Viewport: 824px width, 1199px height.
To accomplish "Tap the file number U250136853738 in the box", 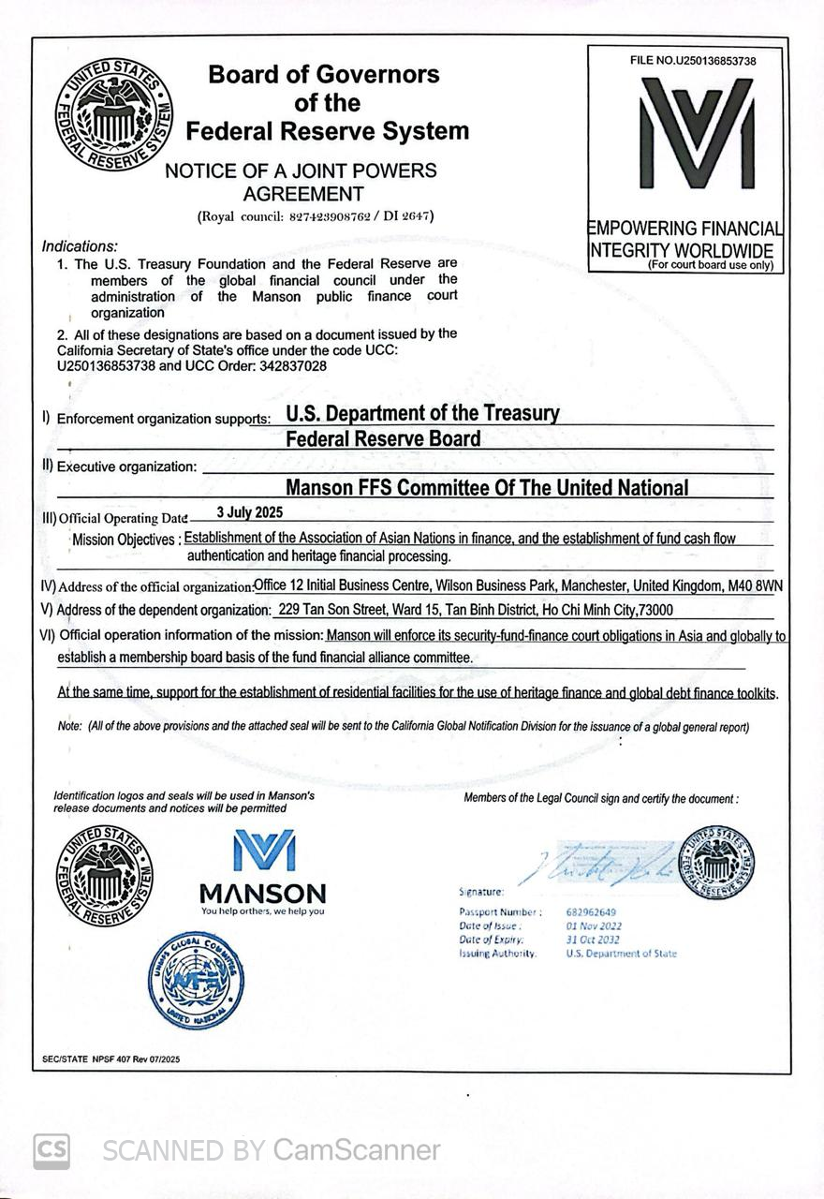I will [x=720, y=61].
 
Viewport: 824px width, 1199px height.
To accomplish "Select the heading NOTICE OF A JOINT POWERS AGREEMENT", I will [x=301, y=183].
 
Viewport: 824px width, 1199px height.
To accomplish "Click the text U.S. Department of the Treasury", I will [x=421, y=413].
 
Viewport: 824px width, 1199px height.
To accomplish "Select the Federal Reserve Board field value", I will [x=382, y=438].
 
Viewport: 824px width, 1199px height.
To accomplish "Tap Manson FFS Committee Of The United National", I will [x=486, y=488].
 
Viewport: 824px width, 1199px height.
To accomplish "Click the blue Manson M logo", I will [x=263, y=850].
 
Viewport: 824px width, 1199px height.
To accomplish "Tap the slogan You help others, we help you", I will [x=263, y=910].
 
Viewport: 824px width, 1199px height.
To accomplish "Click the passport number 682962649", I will [x=591, y=912].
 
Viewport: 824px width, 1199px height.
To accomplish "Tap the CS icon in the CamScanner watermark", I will [x=51, y=1150].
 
